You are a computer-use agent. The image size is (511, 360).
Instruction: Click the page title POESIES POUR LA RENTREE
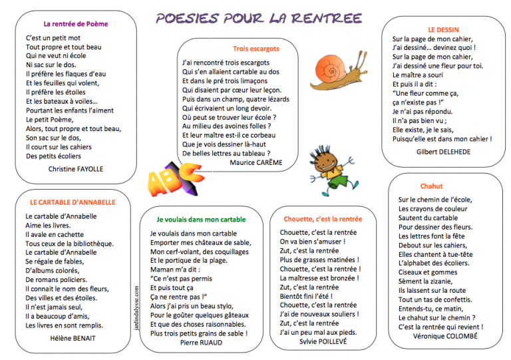pos(259,17)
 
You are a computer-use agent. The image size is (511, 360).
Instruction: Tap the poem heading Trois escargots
pos(256,49)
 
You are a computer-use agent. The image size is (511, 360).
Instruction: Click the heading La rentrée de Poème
pos(75,24)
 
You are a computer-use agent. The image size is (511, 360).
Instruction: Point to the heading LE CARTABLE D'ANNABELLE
pos(73,202)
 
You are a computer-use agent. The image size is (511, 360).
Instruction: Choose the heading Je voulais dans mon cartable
pos(201,219)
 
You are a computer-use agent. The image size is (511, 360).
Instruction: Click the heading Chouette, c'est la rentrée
pos(323,219)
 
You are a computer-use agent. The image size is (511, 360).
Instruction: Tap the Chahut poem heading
pos(431,186)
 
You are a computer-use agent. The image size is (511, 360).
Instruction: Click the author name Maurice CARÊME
pos(255,162)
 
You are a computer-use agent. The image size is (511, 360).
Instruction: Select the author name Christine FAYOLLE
pos(76,169)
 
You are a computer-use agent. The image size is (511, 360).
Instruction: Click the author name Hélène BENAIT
pos(73,338)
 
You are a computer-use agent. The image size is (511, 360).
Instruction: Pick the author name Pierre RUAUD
pos(200,343)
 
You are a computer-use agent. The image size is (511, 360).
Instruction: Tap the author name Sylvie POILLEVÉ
pos(325,342)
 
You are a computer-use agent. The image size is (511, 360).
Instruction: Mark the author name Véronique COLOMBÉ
pos(445,337)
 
